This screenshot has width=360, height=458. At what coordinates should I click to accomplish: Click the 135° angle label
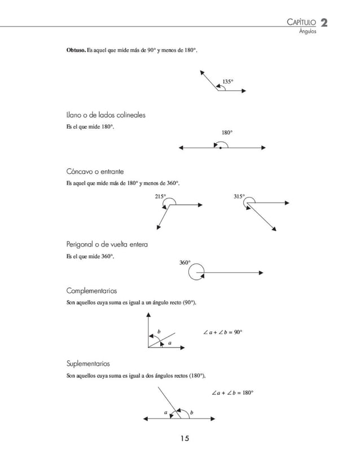pos(228,82)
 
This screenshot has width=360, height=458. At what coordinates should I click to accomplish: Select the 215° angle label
pos(160,196)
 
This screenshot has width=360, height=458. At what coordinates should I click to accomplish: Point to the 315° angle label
pos(239,196)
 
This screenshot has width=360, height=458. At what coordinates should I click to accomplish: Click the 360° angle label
pos(185,263)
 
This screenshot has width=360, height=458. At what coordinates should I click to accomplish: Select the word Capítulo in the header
pos(301,23)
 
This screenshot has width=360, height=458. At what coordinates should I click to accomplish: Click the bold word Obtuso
pos(76,51)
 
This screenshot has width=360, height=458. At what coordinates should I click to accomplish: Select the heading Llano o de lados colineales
pos(106,115)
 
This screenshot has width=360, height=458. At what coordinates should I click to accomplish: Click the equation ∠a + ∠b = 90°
pos(222,332)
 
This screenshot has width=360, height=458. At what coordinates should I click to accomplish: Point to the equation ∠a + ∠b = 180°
pos(232,392)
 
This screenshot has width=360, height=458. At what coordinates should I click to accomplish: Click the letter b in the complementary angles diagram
pos(159,331)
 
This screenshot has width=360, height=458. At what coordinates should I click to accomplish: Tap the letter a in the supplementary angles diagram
pos(166,412)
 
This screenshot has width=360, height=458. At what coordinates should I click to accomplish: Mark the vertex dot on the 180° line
pos(221,148)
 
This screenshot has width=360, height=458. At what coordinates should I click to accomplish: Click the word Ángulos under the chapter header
pos(308,32)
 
